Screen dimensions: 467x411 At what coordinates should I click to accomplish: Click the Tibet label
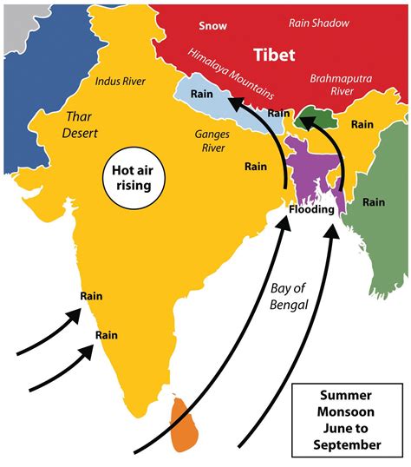pos(274,56)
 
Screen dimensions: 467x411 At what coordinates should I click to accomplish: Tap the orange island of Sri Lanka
pos(184,424)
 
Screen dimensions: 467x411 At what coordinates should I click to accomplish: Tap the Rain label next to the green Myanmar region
pos(374,202)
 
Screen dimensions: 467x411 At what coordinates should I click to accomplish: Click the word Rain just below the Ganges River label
pos(255,165)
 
